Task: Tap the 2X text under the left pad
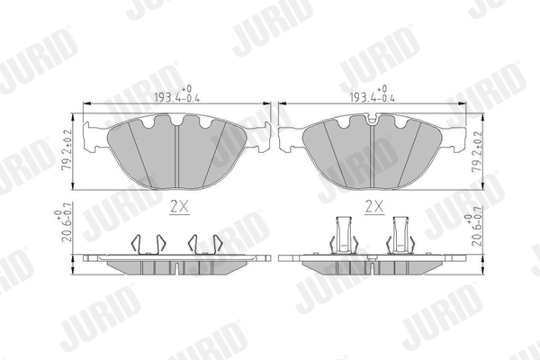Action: (177, 205)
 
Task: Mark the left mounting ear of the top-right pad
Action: (285, 137)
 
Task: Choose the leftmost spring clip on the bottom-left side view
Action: (134, 243)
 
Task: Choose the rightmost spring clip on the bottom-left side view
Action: (216, 243)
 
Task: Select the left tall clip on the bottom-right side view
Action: (343, 236)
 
